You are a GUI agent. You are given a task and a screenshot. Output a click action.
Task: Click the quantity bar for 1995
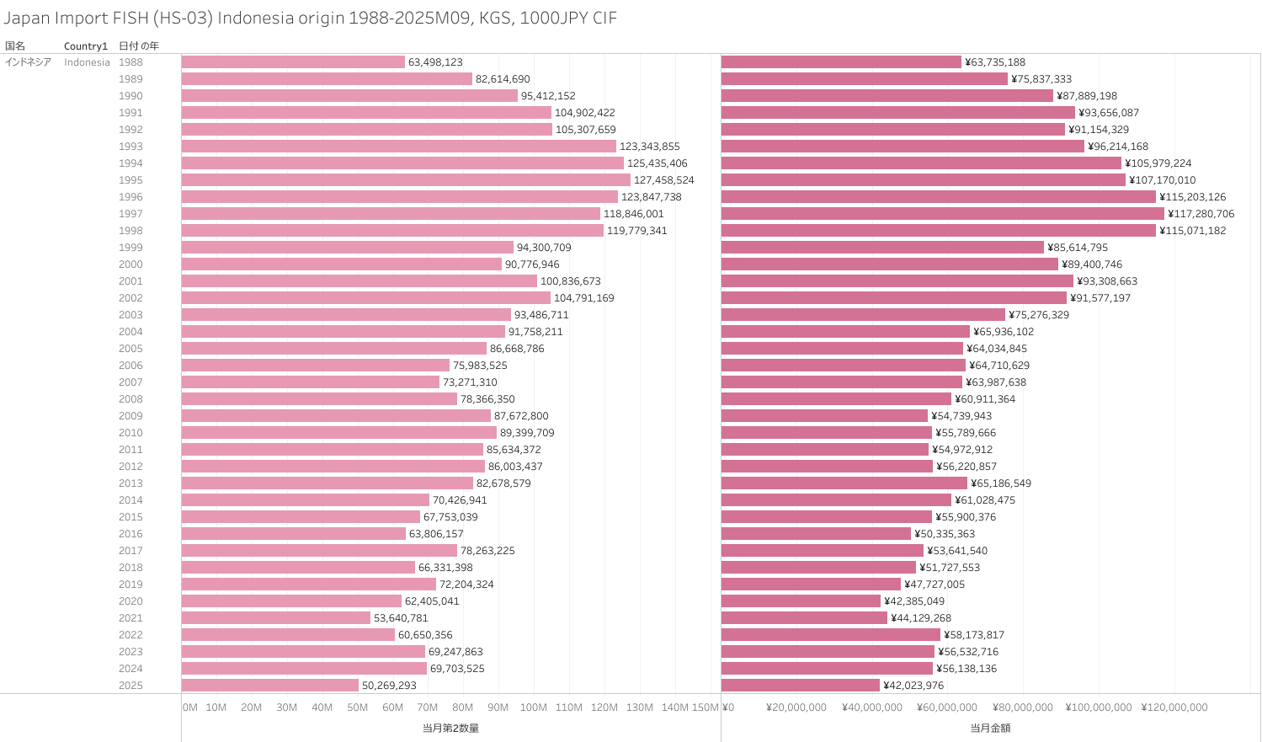pyautogui.click(x=406, y=180)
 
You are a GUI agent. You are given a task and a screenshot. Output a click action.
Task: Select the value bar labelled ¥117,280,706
pyautogui.click(x=942, y=214)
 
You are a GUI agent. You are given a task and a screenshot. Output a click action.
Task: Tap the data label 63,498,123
pyautogui.click(x=435, y=62)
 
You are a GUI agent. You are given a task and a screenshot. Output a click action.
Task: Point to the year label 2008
pyautogui.click(x=130, y=399)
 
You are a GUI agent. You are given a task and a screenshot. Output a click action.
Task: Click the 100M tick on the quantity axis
pyautogui.click(x=533, y=707)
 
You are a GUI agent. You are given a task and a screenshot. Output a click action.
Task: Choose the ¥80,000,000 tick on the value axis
pyautogui.click(x=1022, y=707)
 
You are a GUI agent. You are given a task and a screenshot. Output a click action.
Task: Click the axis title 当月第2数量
pyautogui.click(x=450, y=728)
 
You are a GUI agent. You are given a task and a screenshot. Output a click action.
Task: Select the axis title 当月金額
pyautogui.click(x=990, y=728)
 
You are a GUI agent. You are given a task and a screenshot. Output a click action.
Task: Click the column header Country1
pyautogui.click(x=86, y=46)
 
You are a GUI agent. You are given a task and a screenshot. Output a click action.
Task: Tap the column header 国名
pyautogui.click(x=15, y=46)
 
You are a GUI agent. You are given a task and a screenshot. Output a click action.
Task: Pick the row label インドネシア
pyautogui.click(x=28, y=62)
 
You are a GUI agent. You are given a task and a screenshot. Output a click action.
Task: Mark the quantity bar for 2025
pyautogui.click(x=270, y=686)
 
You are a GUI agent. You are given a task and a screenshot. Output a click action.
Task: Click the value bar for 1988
pyautogui.click(x=841, y=62)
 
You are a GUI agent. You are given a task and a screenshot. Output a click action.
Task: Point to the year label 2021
pyautogui.click(x=130, y=618)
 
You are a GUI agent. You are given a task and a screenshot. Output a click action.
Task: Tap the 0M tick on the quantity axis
pyautogui.click(x=190, y=707)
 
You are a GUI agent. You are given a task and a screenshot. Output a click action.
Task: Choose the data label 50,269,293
pyautogui.click(x=389, y=686)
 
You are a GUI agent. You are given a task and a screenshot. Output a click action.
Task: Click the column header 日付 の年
pyautogui.click(x=139, y=46)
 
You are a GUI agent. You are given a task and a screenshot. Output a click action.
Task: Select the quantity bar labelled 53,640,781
pyautogui.click(x=276, y=618)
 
